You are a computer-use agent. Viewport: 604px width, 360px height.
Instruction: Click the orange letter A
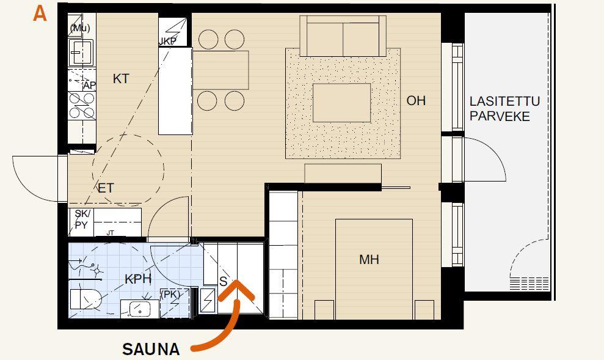tap(40, 14)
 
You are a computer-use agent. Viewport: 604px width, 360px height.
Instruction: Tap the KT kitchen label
tap(120, 79)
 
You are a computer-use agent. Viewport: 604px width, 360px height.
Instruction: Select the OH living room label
tap(416, 101)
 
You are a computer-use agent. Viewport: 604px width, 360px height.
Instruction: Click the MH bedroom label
tap(369, 259)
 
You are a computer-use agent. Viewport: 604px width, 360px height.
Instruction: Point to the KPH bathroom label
tap(137, 279)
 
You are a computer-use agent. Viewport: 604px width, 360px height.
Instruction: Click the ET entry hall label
tap(106, 188)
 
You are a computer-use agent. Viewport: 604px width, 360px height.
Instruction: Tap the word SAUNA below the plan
tap(151, 349)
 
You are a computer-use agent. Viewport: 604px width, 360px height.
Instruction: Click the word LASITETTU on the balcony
tap(504, 101)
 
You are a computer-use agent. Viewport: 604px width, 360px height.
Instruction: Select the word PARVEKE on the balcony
tap(500, 116)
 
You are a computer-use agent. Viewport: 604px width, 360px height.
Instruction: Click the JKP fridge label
tap(167, 42)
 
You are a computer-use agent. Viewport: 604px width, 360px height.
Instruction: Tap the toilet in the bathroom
tap(86, 299)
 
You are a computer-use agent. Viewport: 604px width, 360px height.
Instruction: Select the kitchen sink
tap(81, 52)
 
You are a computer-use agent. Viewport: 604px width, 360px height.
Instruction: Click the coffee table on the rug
tap(341, 103)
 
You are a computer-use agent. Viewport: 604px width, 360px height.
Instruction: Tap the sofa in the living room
tap(343, 36)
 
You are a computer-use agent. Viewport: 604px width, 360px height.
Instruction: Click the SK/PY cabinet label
tap(82, 219)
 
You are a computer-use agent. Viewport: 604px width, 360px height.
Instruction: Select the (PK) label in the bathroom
tap(170, 295)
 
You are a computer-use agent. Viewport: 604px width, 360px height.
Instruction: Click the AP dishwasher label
tap(89, 86)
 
